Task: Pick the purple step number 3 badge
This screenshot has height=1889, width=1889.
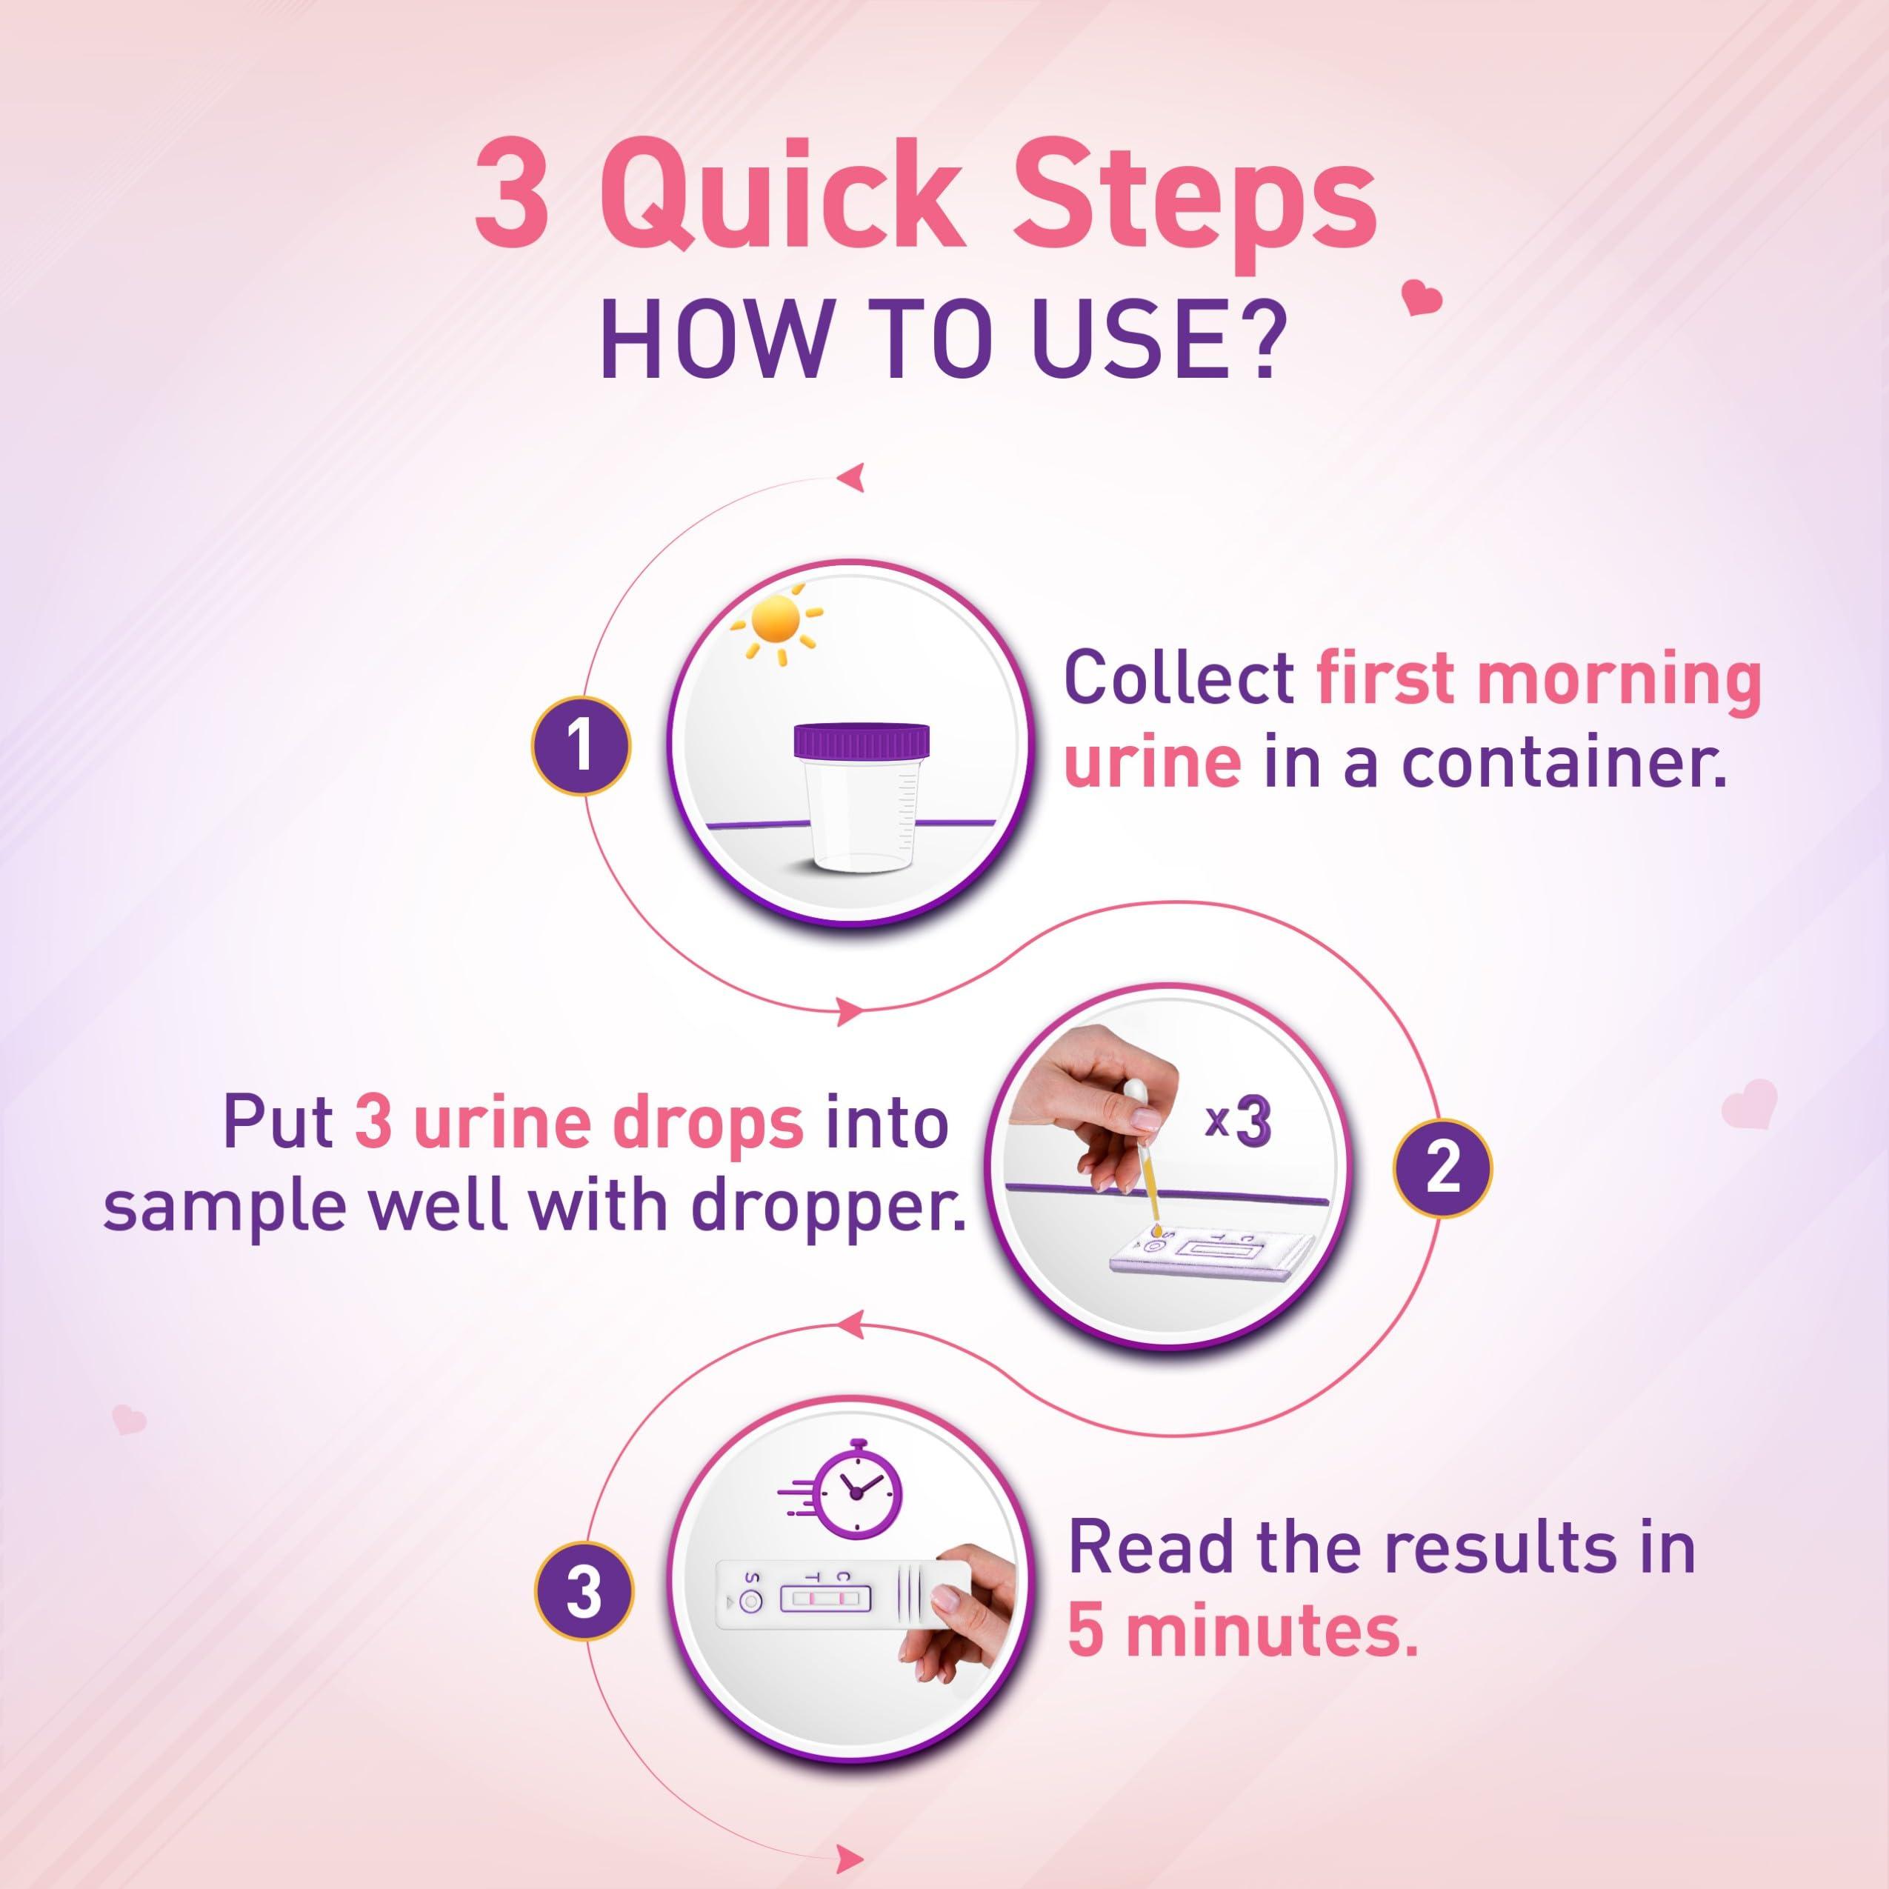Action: click(584, 1593)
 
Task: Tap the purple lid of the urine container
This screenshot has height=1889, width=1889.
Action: click(862, 740)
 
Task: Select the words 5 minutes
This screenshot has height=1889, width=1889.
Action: click(1242, 1630)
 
